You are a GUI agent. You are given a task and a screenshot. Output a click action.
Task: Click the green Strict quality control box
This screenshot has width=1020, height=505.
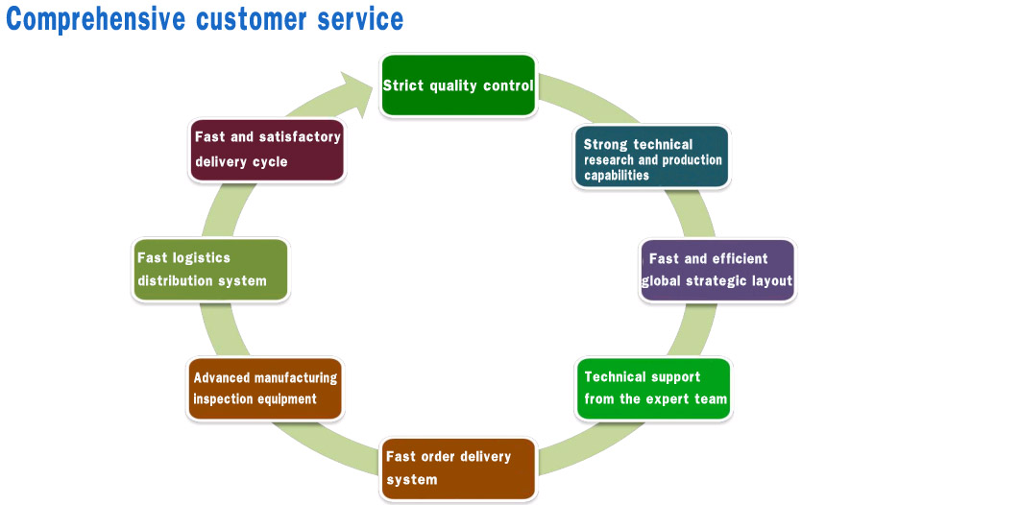[x=457, y=85]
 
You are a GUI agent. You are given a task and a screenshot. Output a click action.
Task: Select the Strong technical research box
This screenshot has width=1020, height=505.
[x=652, y=156]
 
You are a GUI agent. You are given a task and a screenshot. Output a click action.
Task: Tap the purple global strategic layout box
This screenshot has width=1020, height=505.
[x=717, y=270]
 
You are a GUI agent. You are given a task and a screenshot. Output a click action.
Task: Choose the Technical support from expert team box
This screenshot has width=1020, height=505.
[x=653, y=388]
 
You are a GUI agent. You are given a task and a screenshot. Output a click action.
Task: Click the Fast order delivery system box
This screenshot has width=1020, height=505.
[x=458, y=468]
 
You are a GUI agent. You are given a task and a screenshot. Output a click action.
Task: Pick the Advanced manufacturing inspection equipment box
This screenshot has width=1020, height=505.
[x=265, y=388]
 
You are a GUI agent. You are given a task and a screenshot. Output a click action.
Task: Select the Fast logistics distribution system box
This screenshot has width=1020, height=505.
[x=210, y=270]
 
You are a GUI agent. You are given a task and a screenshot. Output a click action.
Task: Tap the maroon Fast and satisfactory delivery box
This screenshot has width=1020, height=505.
[x=267, y=150]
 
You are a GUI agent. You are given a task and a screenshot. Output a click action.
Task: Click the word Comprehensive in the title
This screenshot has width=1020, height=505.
[x=95, y=18]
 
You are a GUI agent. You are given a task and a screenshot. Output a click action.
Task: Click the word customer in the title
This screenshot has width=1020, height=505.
[x=255, y=18]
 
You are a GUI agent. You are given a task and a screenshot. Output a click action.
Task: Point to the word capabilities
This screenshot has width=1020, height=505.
[x=617, y=176]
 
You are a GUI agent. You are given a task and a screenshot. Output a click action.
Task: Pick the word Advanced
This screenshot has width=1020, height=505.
[x=223, y=377]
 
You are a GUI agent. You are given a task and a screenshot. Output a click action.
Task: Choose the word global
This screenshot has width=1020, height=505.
[x=661, y=281]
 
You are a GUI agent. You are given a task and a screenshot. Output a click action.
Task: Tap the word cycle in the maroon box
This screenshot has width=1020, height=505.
[x=269, y=161]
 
